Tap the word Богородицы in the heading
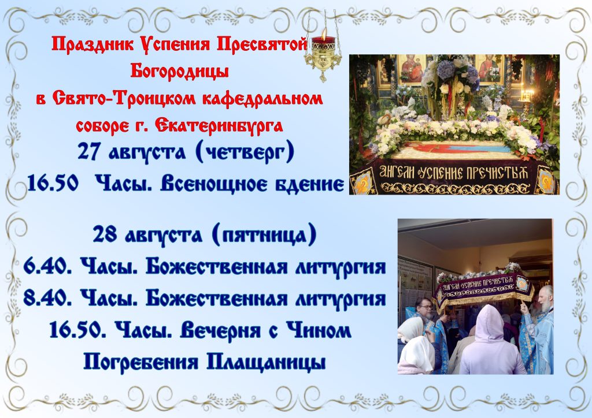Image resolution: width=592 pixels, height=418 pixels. pos(180,70)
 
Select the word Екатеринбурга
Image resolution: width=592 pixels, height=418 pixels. pos(219,125)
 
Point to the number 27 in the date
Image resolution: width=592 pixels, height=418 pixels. pos(88,151)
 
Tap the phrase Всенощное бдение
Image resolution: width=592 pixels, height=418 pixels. pos(252,184)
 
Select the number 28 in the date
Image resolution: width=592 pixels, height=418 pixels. pos(105,234)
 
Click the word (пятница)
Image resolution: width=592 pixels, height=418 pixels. pos(264,235)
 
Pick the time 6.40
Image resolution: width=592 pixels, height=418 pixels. pos(48,267)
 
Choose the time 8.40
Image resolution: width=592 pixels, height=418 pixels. pos(48,298)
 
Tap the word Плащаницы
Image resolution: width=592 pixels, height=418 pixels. pos(266,362)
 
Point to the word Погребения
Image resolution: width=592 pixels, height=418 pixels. pos(140,363)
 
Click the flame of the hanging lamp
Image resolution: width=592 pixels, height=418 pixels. pos(323,32)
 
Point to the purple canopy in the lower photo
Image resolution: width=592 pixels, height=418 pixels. pos(484,289)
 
